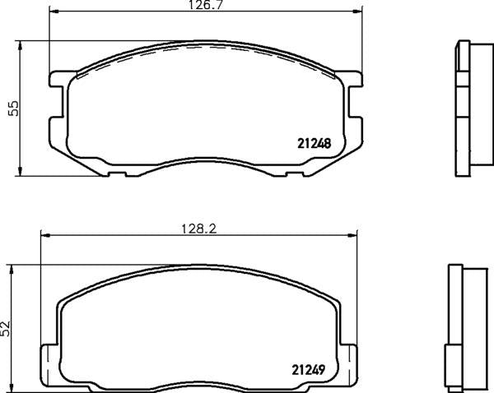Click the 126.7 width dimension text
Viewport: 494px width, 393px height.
point(206,6)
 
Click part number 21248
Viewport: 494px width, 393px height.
point(313,142)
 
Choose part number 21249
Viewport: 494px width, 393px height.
point(313,368)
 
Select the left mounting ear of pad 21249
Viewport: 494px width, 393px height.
point(49,359)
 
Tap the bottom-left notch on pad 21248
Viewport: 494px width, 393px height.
point(116,173)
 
